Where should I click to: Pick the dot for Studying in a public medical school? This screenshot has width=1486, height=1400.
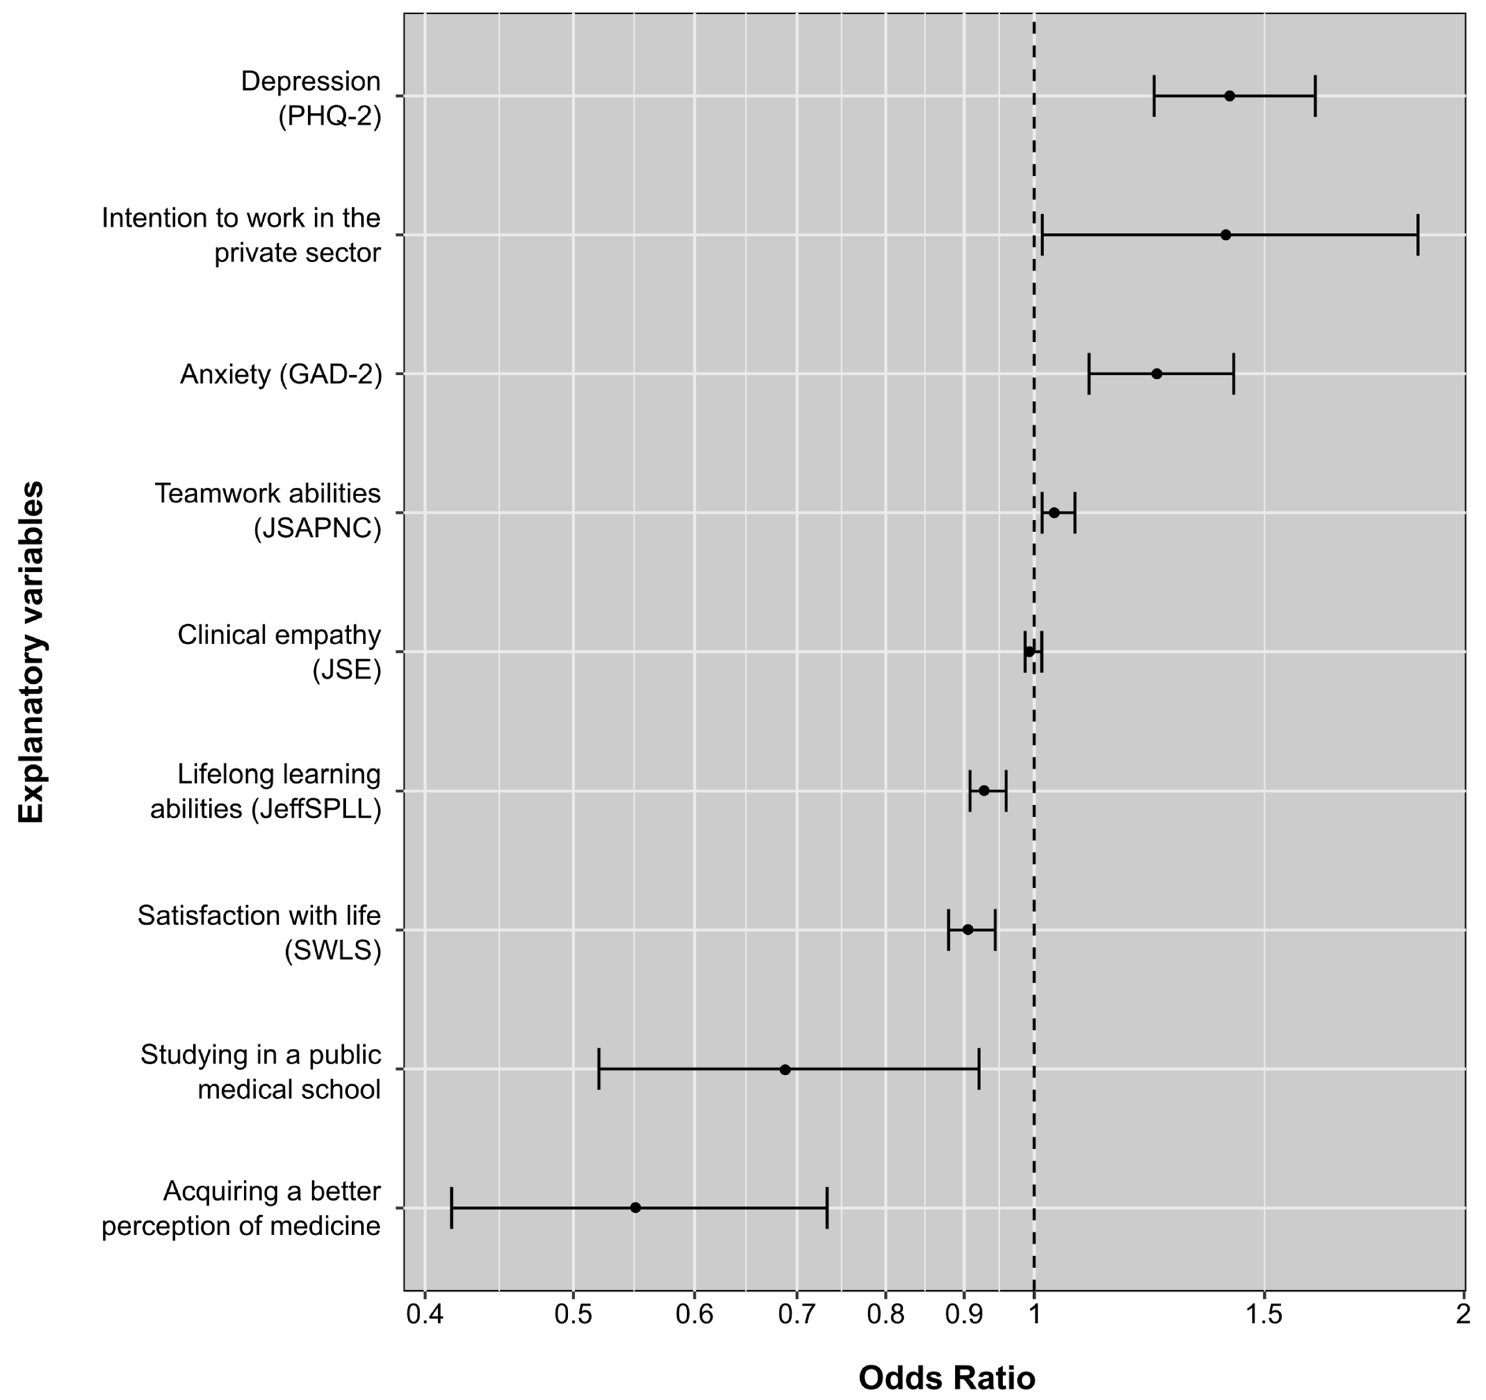point(785,1069)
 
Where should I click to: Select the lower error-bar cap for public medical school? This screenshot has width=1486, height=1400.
point(599,1069)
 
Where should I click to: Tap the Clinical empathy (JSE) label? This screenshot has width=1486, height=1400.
point(279,651)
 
